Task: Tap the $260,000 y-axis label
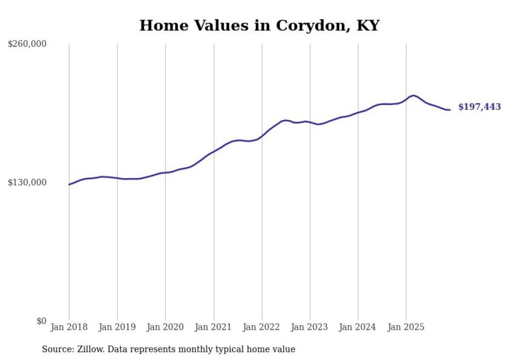[27, 44]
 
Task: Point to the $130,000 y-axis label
[27, 182]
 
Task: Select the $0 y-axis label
[41, 321]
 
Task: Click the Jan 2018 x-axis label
[69, 327]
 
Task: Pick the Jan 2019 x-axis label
[117, 327]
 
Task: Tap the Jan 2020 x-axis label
[165, 327]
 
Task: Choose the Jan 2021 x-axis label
[213, 327]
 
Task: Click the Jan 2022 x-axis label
[262, 327]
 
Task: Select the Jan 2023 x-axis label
[310, 327]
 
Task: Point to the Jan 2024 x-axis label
[358, 327]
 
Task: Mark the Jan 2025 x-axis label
[406, 327]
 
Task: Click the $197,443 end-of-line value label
[479, 107]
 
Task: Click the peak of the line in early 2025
[413, 95]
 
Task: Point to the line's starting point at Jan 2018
[69, 184]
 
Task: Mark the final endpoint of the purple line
[450, 110]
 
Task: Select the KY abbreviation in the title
[368, 26]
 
